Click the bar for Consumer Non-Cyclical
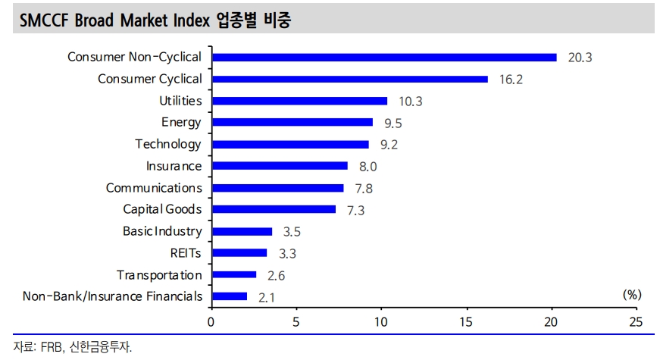click(x=384, y=57)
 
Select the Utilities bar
click(x=299, y=101)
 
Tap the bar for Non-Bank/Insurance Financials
click(x=230, y=296)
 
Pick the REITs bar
click(x=239, y=253)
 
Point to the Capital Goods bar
click(x=274, y=209)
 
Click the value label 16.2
click(x=511, y=79)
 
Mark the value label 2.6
click(x=277, y=276)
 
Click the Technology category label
click(x=168, y=144)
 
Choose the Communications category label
click(x=154, y=188)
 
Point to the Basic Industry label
click(x=162, y=231)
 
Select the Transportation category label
click(x=159, y=275)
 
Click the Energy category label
click(x=181, y=122)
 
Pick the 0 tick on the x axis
click(x=211, y=321)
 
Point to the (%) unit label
click(x=631, y=295)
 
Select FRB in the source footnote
click(x=50, y=347)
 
